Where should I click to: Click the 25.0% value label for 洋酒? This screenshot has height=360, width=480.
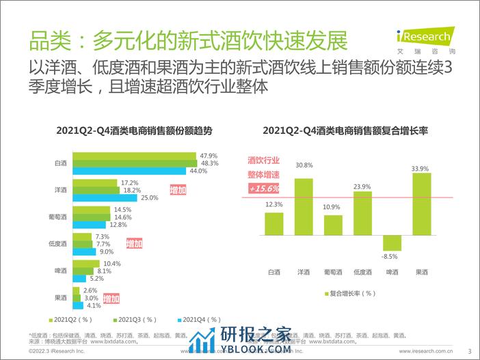[x=149, y=198]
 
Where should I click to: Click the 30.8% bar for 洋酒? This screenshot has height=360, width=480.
[x=304, y=206]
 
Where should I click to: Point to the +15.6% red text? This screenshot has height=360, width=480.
[x=264, y=188]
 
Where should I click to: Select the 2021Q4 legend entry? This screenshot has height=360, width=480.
[x=198, y=319]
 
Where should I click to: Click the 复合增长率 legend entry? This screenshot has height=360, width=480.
[x=349, y=294]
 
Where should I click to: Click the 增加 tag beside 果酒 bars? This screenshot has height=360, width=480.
[x=111, y=299]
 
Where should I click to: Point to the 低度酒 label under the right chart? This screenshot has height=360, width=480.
[x=363, y=272]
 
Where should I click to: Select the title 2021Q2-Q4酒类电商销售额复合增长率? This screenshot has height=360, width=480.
[x=345, y=129]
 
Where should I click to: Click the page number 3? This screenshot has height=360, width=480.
[x=470, y=352]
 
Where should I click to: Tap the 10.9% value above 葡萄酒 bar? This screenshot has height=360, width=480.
[x=333, y=207]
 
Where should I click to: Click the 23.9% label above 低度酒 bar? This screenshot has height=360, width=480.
[x=363, y=186]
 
